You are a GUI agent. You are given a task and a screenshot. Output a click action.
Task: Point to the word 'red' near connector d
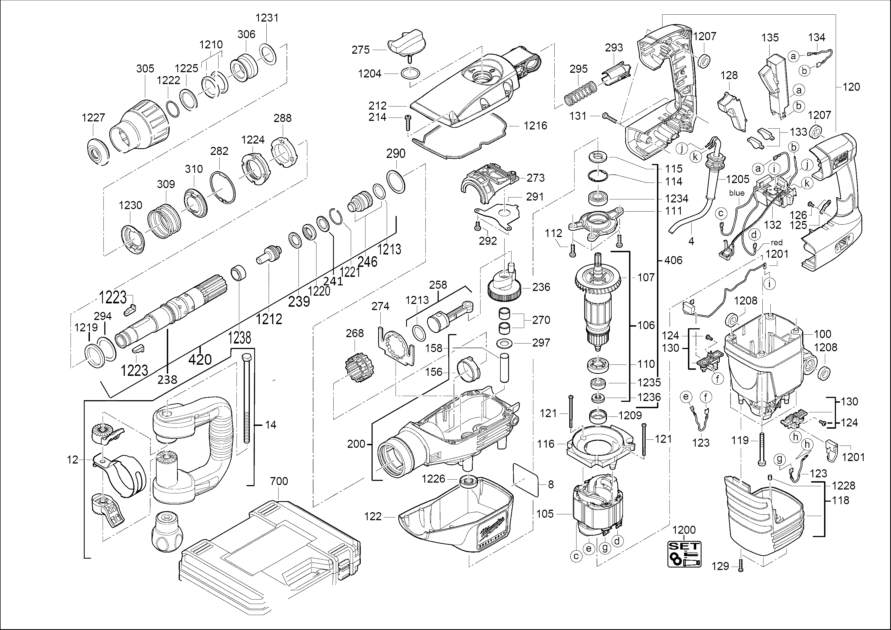[x=776, y=243]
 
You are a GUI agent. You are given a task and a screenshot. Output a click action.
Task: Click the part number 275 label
[x=360, y=50]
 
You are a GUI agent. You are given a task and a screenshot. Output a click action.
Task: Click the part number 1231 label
[x=267, y=18]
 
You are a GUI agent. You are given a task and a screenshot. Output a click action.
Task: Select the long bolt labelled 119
[x=762, y=449]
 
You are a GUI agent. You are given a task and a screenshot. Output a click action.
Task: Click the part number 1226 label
[x=433, y=479]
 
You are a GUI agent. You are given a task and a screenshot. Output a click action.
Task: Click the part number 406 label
[x=673, y=260]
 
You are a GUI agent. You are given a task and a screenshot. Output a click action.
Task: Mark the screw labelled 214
[x=407, y=123]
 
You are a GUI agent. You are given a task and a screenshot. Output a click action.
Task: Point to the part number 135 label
[x=770, y=38]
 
